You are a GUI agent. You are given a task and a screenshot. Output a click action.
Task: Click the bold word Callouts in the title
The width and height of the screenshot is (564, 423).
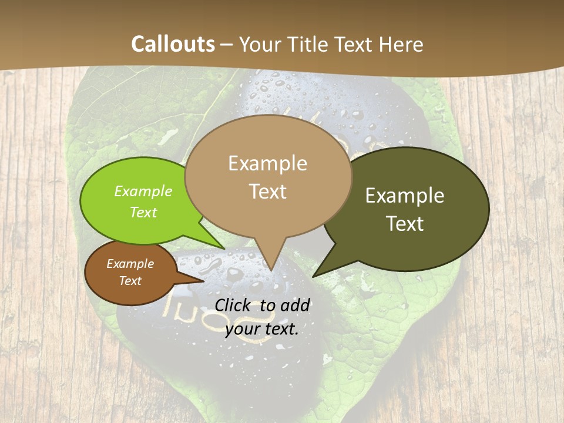coord(173,44)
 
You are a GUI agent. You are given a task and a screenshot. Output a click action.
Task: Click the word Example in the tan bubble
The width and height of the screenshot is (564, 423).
coord(267,163)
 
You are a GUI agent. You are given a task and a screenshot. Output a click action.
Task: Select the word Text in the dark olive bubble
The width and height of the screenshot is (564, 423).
coord(405,224)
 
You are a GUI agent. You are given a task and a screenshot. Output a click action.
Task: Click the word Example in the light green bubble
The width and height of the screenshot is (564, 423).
coord(143,192)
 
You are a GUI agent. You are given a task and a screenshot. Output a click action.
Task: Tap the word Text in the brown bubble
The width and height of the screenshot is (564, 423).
coord(130,281)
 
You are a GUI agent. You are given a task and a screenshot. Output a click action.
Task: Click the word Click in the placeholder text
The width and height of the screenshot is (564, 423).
coord(233,305)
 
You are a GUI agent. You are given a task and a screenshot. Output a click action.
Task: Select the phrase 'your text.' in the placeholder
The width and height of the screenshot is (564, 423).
coord(262,329)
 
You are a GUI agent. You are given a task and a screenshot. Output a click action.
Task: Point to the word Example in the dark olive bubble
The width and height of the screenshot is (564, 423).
coord(405,196)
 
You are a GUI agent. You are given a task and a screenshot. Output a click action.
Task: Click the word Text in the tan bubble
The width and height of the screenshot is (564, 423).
coord(268,192)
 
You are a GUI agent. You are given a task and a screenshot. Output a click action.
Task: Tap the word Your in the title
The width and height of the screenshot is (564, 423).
coord(261,44)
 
